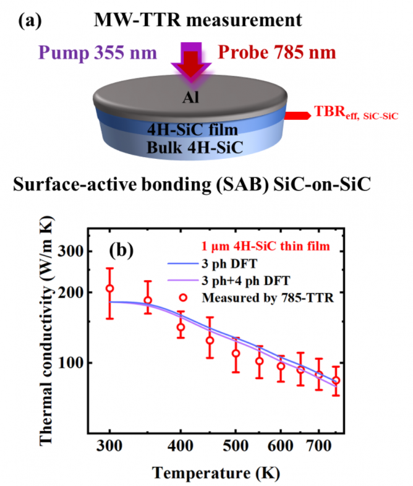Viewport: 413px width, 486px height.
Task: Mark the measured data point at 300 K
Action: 110,289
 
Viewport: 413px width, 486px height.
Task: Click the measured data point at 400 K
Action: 181,328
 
